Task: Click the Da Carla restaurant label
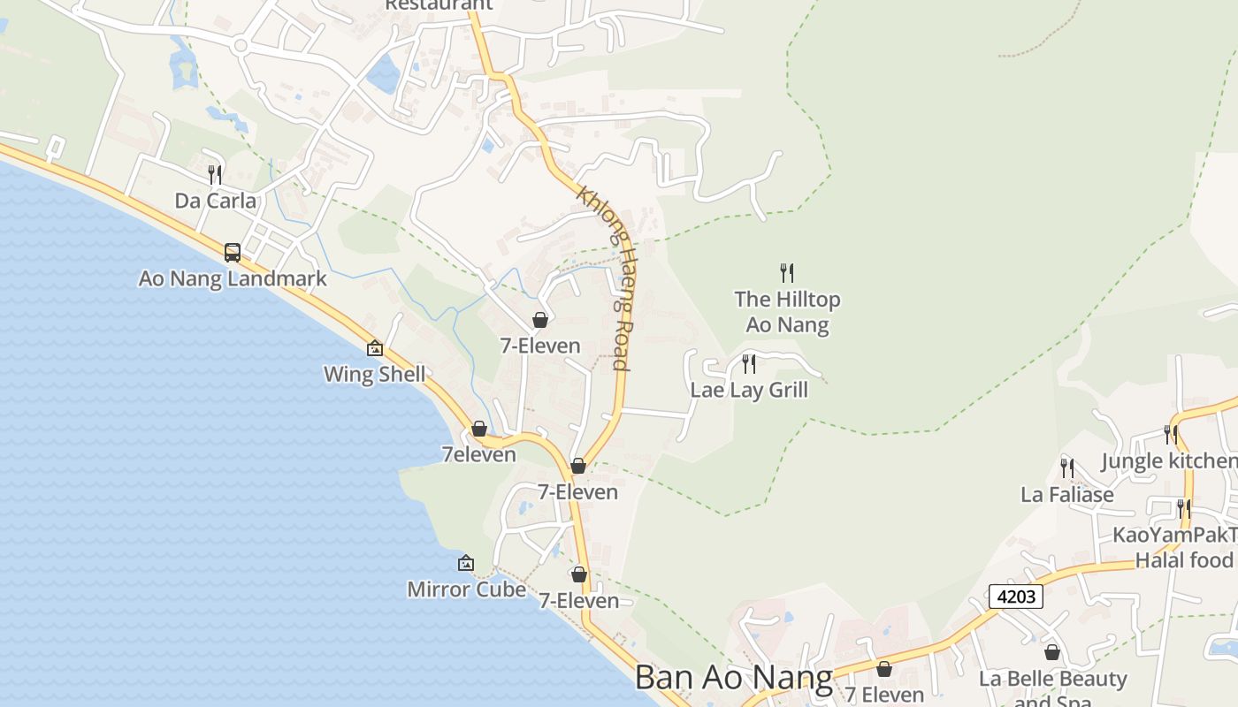pos(215,201)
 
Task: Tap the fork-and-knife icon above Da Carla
pos(215,174)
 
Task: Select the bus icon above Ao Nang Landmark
pos(233,253)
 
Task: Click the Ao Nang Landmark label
pos(233,278)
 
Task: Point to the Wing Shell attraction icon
pos(374,348)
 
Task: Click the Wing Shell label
pos(374,374)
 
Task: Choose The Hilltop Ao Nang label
pos(787,312)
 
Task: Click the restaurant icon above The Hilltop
pos(787,272)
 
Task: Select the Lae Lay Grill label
pos(749,390)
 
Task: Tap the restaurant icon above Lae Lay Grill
pos(749,363)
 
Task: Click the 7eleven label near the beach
pos(478,454)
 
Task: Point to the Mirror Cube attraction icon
pos(466,563)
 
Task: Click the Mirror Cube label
pos(466,589)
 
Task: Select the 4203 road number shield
pos(1015,597)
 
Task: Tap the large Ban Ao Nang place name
pos(734,678)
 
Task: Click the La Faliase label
pos(1067,494)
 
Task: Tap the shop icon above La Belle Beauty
pos(1052,652)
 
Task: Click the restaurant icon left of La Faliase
pos(1067,468)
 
